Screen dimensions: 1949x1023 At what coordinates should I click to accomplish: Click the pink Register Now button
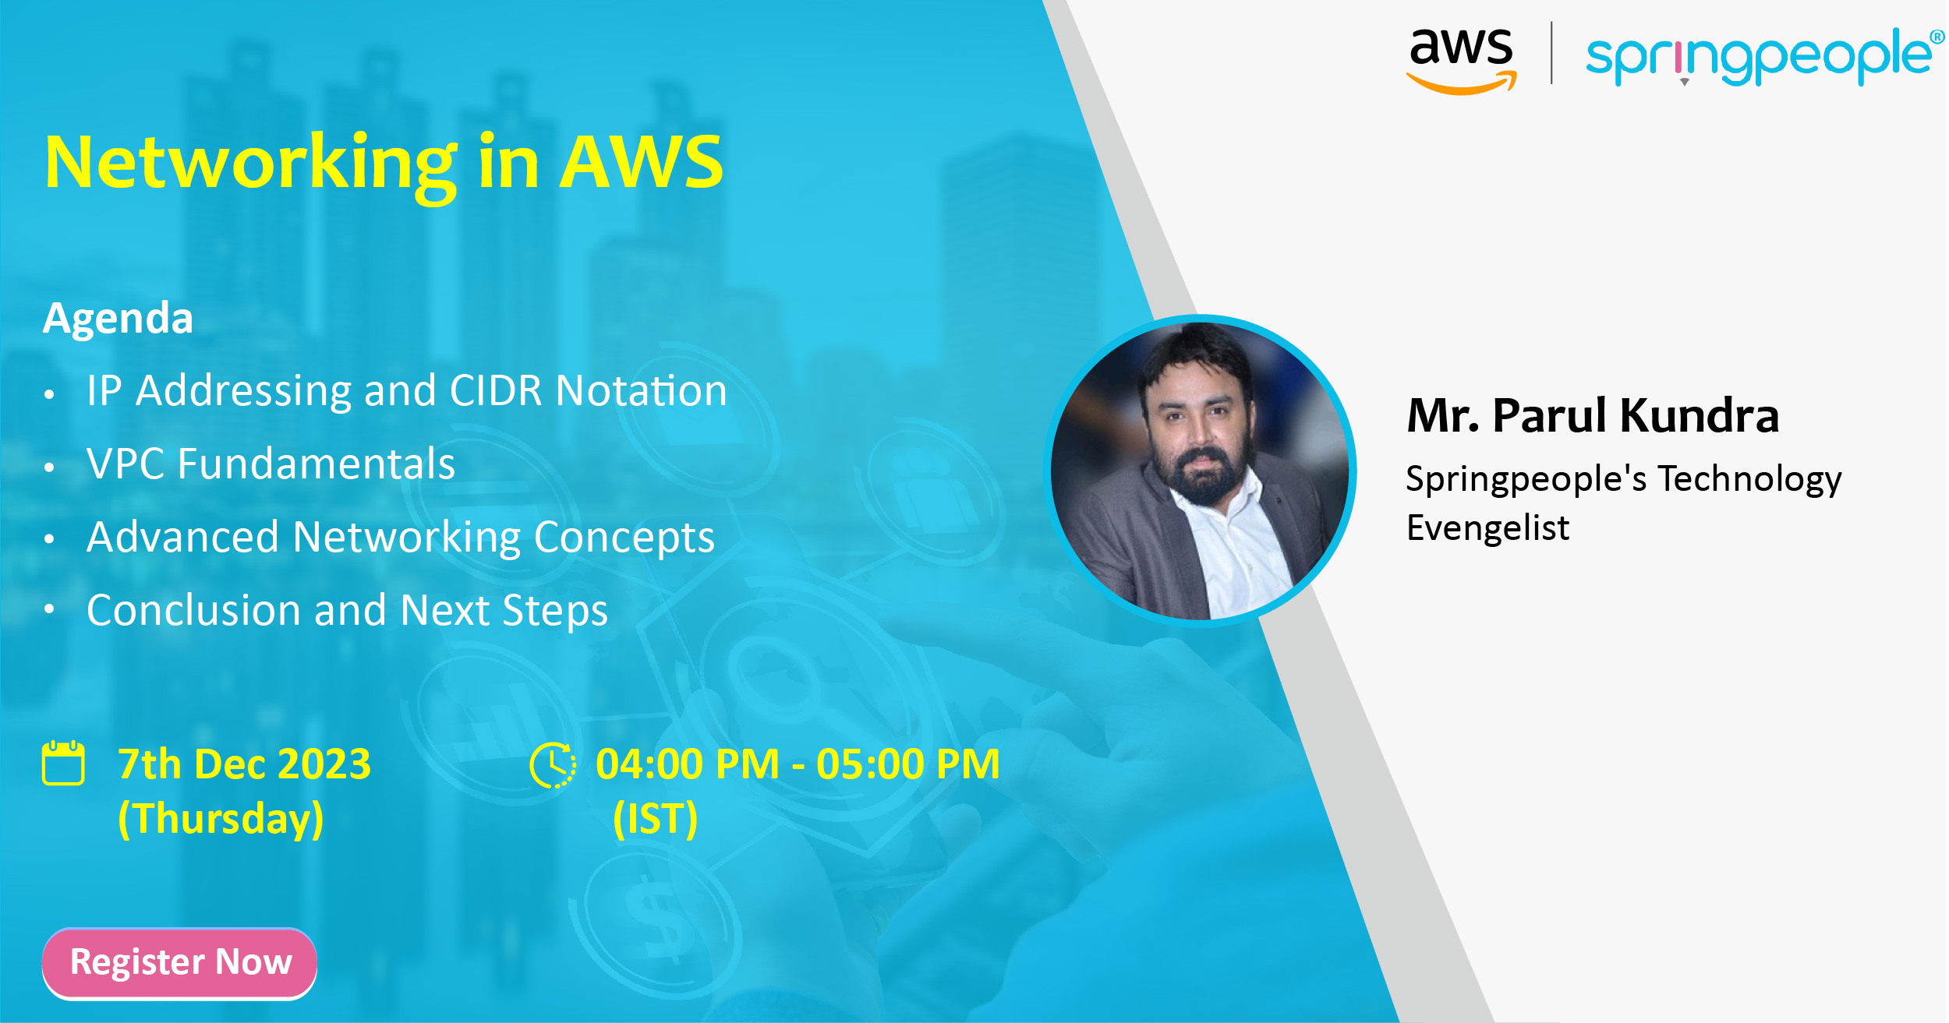click(x=179, y=962)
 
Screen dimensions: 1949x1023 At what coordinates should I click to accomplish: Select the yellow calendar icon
click(x=63, y=763)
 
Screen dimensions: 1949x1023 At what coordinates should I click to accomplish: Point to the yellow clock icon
click(x=553, y=764)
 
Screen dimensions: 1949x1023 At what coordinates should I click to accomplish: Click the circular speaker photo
click(x=1201, y=471)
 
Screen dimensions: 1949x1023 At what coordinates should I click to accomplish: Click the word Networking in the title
click(x=251, y=164)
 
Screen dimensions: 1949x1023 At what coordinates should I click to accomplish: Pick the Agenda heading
click(x=118, y=318)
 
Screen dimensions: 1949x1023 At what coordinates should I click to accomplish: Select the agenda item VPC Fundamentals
click(x=271, y=464)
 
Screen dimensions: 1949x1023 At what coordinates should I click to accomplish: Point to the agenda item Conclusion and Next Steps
click(x=347, y=610)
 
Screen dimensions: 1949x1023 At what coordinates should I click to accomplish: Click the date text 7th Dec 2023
click(x=244, y=764)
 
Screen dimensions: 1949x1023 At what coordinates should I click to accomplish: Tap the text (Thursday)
click(x=221, y=819)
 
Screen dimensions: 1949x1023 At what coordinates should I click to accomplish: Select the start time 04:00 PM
click(x=688, y=764)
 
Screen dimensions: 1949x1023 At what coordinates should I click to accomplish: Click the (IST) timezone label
click(x=655, y=819)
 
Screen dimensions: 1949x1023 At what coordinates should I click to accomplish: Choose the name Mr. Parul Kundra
click(x=1593, y=415)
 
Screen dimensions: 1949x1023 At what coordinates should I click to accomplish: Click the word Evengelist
click(x=1487, y=527)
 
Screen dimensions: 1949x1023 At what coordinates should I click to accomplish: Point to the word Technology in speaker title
click(x=1749, y=479)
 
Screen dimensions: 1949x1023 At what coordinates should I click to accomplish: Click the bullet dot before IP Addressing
click(x=49, y=394)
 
